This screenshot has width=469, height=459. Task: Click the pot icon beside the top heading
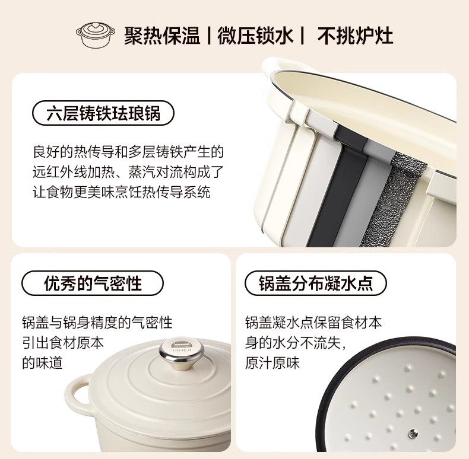[96, 34]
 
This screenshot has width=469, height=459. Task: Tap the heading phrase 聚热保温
[162, 36]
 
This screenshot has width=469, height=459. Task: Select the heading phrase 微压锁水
[255, 36]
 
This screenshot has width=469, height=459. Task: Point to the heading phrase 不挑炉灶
[355, 36]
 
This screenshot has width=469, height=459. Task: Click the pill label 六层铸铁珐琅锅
[103, 113]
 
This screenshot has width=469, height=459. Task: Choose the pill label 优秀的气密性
[93, 283]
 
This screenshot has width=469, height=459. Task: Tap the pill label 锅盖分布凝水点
[316, 283]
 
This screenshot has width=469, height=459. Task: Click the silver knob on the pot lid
[181, 353]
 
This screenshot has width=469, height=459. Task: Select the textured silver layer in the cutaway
[392, 200]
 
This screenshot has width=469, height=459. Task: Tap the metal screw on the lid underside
[413, 432]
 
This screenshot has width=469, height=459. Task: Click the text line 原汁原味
[272, 363]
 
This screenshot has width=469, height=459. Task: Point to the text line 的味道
[43, 363]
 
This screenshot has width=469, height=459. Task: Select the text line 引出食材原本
[63, 343]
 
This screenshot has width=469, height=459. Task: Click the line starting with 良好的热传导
[128, 152]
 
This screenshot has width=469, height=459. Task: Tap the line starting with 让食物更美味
[122, 192]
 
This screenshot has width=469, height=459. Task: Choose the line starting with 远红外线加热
[128, 172]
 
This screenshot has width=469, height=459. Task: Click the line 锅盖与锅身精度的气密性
[97, 323]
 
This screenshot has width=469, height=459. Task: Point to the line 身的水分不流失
[296, 343]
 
